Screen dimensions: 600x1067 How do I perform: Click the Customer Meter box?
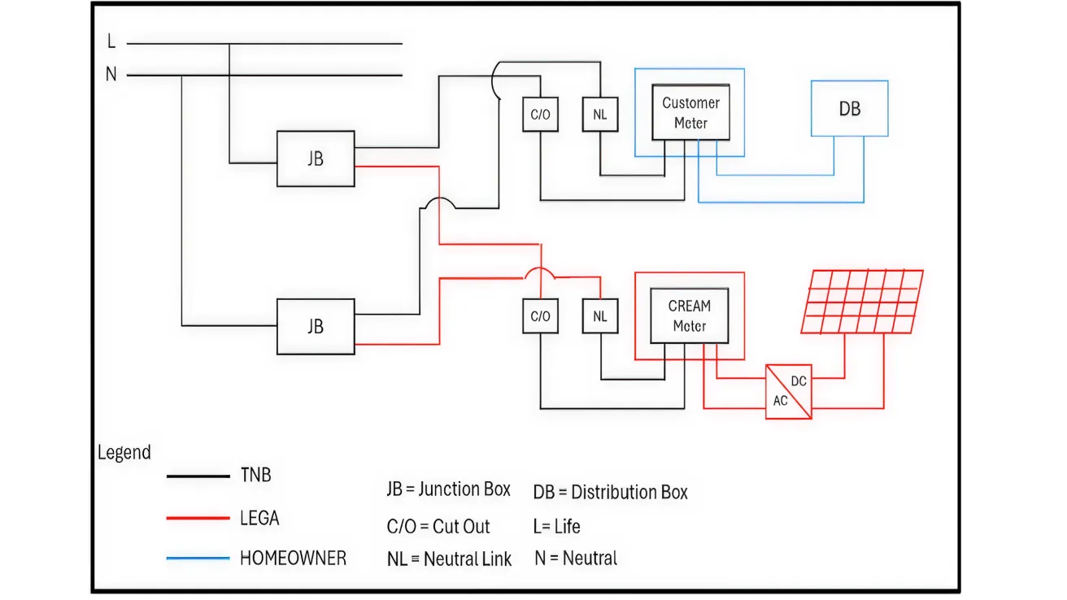(690, 113)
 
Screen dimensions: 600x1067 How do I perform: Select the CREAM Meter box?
(689, 316)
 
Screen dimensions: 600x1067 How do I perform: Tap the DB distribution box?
(849, 108)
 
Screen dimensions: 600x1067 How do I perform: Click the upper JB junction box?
(316, 159)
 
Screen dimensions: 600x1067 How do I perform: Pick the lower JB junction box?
(316, 326)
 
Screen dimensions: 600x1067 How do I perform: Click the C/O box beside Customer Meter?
(540, 115)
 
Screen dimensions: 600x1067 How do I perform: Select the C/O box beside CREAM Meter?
(540, 316)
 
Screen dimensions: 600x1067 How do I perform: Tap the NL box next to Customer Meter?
(599, 115)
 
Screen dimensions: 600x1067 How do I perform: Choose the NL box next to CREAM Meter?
(599, 316)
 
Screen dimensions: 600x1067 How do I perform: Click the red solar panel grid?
(862, 302)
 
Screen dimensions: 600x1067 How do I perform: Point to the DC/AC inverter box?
(788, 391)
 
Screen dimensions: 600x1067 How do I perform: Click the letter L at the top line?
(111, 41)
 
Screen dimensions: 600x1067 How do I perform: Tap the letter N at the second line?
(111, 75)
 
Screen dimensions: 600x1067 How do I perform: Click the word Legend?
(124, 453)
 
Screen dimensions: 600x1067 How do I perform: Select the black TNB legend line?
(198, 477)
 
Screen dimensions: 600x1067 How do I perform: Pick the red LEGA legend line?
(198, 518)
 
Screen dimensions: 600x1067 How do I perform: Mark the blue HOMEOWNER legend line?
(198, 559)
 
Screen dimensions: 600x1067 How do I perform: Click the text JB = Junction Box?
(448, 489)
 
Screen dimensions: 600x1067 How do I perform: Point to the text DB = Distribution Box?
(610, 492)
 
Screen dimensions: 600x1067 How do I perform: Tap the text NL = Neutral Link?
(449, 559)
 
